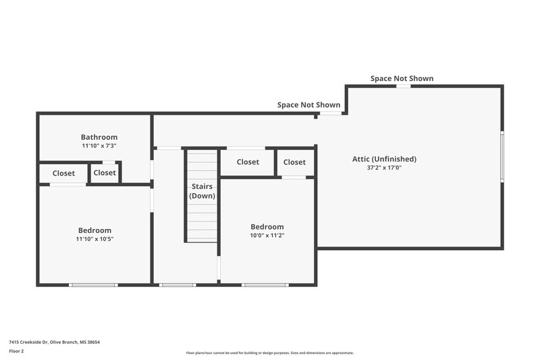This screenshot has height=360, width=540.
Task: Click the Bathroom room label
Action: pyautogui.click(x=99, y=137)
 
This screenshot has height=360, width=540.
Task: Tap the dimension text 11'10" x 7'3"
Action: pyautogui.click(x=99, y=146)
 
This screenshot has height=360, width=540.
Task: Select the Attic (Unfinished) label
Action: pyautogui.click(x=384, y=159)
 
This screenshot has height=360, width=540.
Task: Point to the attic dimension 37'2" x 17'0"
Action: pyautogui.click(x=384, y=168)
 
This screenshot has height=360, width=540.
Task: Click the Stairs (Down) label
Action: pyautogui.click(x=202, y=191)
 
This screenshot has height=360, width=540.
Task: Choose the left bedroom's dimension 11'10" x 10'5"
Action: pyautogui.click(x=94, y=239)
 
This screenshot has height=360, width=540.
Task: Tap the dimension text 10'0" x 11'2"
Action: pyautogui.click(x=267, y=236)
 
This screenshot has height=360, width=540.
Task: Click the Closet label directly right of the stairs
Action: pyautogui.click(x=248, y=162)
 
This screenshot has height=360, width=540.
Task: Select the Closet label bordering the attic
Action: pyautogui.click(x=294, y=162)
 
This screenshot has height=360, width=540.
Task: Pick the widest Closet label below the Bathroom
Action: pyautogui.click(x=63, y=174)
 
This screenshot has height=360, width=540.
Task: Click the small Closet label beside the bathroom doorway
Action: pyautogui.click(x=105, y=173)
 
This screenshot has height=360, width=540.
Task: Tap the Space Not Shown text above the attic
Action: pyautogui.click(x=402, y=79)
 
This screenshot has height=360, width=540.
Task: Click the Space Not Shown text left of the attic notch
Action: pyautogui.click(x=308, y=105)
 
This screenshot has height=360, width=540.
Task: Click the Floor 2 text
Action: pyautogui.click(x=16, y=351)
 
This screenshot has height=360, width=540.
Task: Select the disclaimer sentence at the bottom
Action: pyautogui.click(x=269, y=353)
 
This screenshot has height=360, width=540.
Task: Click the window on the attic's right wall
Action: pyautogui.click(x=502, y=156)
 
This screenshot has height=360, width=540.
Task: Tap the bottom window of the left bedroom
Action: pyautogui.click(x=93, y=284)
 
